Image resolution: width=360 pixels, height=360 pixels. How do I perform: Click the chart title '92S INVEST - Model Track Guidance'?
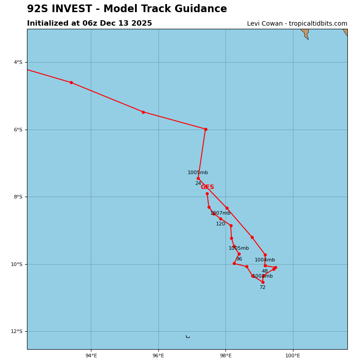tap(127, 9)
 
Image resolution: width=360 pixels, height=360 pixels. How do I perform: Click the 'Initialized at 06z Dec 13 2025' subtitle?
tap(90, 23)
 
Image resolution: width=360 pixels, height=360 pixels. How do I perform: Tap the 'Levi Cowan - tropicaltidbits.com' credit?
tap(297, 24)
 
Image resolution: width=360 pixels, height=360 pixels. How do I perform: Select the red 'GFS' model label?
tap(207, 187)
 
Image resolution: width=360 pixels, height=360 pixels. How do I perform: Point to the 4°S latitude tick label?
tap(18, 62)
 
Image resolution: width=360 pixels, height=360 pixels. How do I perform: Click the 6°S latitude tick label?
tap(18, 130)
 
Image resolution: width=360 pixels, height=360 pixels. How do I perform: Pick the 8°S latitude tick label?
tap(18, 197)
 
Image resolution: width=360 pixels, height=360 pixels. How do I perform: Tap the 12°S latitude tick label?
tap(17, 331)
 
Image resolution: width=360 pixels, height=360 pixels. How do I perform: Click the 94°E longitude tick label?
tap(91, 355)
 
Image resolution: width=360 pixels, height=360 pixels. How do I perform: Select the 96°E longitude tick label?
tap(158, 355)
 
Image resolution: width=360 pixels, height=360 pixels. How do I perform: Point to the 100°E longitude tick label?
tap(292, 355)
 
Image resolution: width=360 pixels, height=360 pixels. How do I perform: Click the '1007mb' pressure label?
tap(220, 213)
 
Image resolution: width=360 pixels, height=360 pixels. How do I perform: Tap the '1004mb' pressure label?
tap(265, 260)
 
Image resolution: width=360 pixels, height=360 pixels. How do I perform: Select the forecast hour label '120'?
tap(220, 224)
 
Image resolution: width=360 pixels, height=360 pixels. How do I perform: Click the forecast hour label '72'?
tap(262, 288)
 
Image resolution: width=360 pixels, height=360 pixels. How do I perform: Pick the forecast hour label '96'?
tap(239, 259)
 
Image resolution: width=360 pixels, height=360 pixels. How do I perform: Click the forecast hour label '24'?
tap(198, 184)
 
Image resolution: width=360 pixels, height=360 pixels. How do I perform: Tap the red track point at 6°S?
tap(206, 129)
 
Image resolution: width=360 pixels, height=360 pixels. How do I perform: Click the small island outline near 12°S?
tap(188, 337)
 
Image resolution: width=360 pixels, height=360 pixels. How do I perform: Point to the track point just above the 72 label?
tap(263, 282)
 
